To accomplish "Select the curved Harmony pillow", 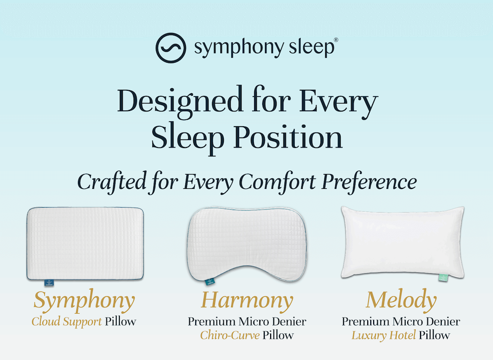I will (x=247, y=242).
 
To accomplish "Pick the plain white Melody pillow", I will (x=403, y=241).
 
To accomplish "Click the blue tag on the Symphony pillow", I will (x=48, y=283).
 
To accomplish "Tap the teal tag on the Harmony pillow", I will (x=209, y=283).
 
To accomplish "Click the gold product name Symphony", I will (x=84, y=301).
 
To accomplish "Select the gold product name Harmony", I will (x=247, y=300).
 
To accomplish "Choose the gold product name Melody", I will (x=401, y=300).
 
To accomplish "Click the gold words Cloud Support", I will (x=67, y=322).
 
